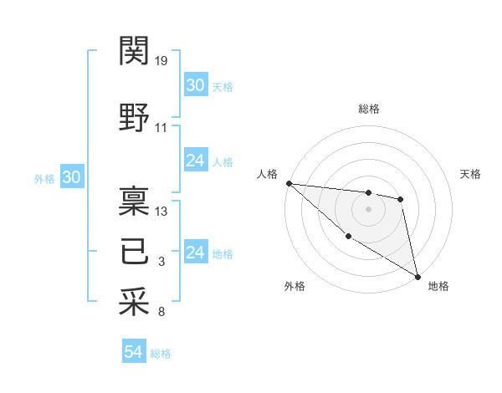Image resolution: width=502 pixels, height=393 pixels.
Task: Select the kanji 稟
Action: click(135, 201)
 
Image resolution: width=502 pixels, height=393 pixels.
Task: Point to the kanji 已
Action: click(135, 251)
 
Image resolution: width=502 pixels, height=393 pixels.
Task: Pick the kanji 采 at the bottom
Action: click(135, 302)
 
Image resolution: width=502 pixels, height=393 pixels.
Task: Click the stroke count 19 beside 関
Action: click(162, 61)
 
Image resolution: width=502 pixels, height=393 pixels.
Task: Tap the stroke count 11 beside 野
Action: click(161, 128)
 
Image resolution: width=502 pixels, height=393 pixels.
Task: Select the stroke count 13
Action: click(162, 212)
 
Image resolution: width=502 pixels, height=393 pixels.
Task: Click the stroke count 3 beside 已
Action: click(161, 262)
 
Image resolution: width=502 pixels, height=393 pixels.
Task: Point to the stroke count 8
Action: click(161, 313)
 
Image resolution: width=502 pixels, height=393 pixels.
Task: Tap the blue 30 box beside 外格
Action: click(71, 177)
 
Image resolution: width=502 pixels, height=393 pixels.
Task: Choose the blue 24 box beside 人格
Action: click(196, 161)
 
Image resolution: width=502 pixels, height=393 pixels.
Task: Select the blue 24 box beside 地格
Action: click(196, 253)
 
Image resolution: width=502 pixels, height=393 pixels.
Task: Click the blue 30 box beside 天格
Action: click(196, 85)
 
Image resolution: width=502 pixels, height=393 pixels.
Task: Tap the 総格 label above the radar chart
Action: click(369, 109)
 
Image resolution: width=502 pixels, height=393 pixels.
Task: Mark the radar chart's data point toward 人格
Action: click(288, 183)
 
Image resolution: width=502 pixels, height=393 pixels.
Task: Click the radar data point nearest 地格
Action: click(417, 276)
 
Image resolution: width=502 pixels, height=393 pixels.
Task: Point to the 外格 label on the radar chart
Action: click(294, 287)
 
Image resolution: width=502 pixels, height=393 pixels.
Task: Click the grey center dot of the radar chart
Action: click(368, 209)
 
